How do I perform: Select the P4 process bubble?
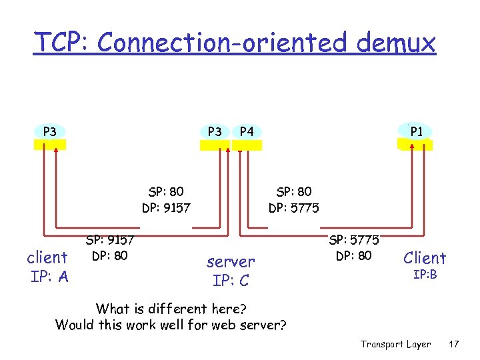247,131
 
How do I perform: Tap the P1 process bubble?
416,131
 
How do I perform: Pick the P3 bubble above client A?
49,131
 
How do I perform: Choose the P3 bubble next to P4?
215,131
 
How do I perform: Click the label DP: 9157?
166,208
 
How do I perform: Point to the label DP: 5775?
294,208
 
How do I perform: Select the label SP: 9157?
110,239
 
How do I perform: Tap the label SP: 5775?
354,239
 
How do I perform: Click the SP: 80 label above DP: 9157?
166,192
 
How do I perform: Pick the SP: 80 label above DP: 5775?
294,192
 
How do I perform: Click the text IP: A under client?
49,276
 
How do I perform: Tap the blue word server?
231,261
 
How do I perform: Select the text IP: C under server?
231,280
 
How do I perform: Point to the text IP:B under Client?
425,274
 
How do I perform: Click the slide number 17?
454,344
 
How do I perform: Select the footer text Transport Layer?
395,344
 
